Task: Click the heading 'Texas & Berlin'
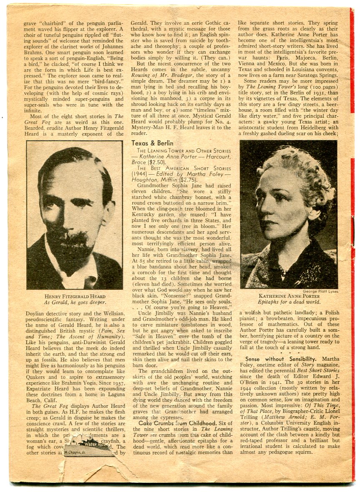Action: click(x=152, y=143)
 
